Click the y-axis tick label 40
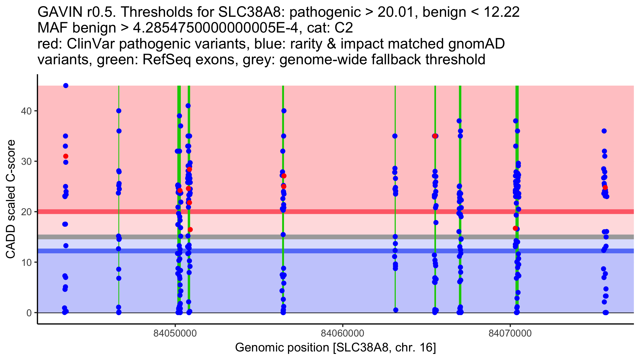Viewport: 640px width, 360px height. click(x=26, y=111)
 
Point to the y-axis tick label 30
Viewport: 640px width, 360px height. click(x=26, y=161)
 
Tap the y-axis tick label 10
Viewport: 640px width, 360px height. click(x=26, y=262)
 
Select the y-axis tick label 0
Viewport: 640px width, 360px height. click(x=29, y=313)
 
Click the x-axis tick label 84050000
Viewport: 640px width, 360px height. click(x=175, y=334)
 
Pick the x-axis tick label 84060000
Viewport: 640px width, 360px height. click(x=342, y=334)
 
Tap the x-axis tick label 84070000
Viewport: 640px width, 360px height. click(x=510, y=334)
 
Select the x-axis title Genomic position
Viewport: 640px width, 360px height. click(x=282, y=348)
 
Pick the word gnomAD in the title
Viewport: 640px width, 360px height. click(x=476, y=44)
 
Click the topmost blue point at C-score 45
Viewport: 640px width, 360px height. click(x=66, y=86)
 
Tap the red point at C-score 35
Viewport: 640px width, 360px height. click(x=435, y=136)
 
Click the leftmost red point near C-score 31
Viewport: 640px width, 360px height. click(x=66, y=156)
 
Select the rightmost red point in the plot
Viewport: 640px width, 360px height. click(x=605, y=187)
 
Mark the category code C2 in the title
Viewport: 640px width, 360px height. click(x=344, y=28)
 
